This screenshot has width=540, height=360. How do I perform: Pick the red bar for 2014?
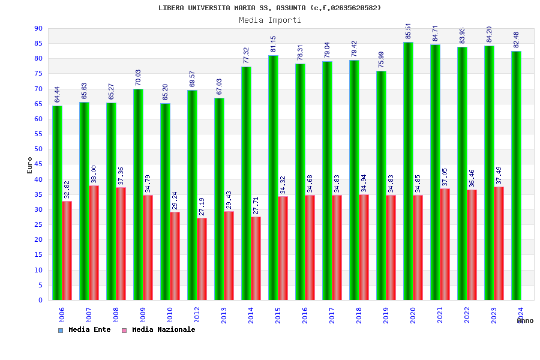[x=256, y=258]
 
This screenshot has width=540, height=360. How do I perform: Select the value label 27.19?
[x=202, y=206]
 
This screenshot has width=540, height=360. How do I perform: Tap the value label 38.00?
[x=94, y=175]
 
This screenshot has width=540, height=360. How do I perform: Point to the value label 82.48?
[x=517, y=40]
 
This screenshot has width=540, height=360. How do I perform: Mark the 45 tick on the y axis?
[x=38, y=164]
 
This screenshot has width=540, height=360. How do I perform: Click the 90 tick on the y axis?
[x=38, y=28]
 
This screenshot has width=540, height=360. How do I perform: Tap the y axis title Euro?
[x=30, y=165]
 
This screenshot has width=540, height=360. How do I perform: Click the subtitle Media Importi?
[x=270, y=20]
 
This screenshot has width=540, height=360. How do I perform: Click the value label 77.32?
[x=247, y=56]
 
